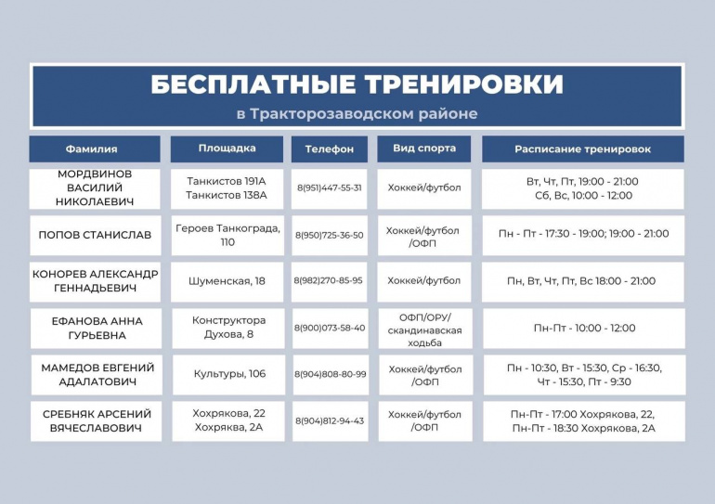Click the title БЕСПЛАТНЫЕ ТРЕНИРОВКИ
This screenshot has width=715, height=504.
[357, 84]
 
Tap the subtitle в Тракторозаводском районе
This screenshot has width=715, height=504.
[357, 113]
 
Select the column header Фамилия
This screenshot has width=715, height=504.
[91, 149]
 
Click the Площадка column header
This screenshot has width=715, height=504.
[227, 149]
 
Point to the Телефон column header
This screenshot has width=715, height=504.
[330, 149]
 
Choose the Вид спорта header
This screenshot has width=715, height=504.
[424, 149]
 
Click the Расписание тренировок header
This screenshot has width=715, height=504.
[583, 149]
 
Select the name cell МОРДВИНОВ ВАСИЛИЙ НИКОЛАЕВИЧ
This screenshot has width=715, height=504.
[95, 187]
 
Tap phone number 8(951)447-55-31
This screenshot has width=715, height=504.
[330, 187]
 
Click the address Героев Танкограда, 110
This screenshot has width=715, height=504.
[227, 235]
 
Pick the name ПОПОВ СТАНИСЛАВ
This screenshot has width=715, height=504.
[95, 235]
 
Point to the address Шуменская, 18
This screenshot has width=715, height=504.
[227, 281]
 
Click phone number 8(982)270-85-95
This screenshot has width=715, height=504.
[329, 280]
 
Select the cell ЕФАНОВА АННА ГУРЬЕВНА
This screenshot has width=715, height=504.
[97, 328]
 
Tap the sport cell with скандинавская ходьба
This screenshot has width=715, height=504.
[425, 330]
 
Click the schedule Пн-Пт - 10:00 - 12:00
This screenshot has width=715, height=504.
[585, 328]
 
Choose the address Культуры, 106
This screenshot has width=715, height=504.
[229, 374]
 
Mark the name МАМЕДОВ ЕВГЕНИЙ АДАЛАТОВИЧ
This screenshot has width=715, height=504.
[97, 375]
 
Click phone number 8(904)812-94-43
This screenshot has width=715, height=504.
[330, 421]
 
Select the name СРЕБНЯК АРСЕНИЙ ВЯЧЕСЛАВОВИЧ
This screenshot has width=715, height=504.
[97, 421]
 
